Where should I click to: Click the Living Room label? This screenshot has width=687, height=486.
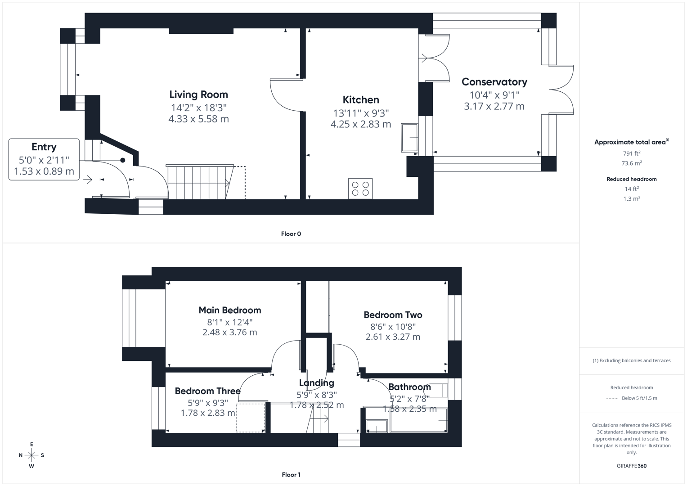pos(198,94)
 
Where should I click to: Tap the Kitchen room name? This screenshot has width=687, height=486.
pos(361,100)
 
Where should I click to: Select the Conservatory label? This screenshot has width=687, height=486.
pos(494,82)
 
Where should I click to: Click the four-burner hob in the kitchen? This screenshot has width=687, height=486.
pos(360,189)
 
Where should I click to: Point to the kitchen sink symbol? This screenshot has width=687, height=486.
pos(410,137)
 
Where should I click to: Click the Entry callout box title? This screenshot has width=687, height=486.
pos(44,147)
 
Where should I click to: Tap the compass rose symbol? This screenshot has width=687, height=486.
pos(31,455)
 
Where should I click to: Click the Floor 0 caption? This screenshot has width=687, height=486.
pos(291,234)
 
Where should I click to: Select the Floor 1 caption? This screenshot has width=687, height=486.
pos(291,475)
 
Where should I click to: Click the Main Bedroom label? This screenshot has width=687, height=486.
pos(229,310)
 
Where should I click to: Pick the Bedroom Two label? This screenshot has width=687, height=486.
pos(393,315)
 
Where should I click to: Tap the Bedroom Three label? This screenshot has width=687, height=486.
pos(207,391)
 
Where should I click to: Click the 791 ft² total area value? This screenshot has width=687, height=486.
pos(631,153)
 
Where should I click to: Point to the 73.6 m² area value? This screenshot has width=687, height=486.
pos(631,163)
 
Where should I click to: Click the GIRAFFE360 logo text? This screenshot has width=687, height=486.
pos(631,466)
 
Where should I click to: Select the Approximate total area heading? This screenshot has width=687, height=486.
pos(631,142)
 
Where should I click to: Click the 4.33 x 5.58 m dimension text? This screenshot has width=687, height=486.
pos(198,119)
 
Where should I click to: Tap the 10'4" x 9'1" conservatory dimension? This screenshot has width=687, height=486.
pos(494,95)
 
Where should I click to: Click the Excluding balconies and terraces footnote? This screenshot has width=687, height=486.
pos(631,360)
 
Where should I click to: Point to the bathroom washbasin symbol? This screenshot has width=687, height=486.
pos(377,426)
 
